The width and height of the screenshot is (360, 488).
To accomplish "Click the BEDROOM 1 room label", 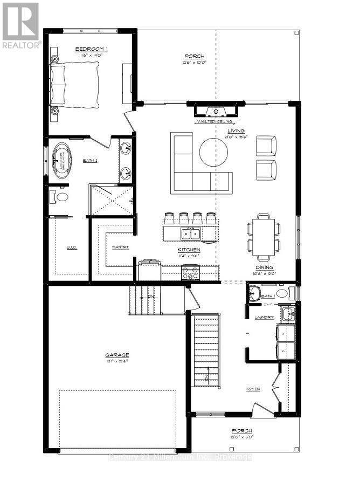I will click(91, 50).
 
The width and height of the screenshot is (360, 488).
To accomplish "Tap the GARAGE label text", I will click(116, 355).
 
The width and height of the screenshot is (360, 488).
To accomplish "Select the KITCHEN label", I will click(189, 250).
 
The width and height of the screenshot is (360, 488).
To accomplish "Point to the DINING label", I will click(264, 267).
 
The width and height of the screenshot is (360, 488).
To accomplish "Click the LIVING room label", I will click(236, 130).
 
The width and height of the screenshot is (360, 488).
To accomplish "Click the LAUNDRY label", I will click(264, 318).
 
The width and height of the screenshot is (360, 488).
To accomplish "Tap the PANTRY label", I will click(120, 248).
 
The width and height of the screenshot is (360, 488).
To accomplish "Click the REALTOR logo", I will click(20, 25).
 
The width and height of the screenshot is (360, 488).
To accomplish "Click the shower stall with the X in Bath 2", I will click(111, 201).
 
